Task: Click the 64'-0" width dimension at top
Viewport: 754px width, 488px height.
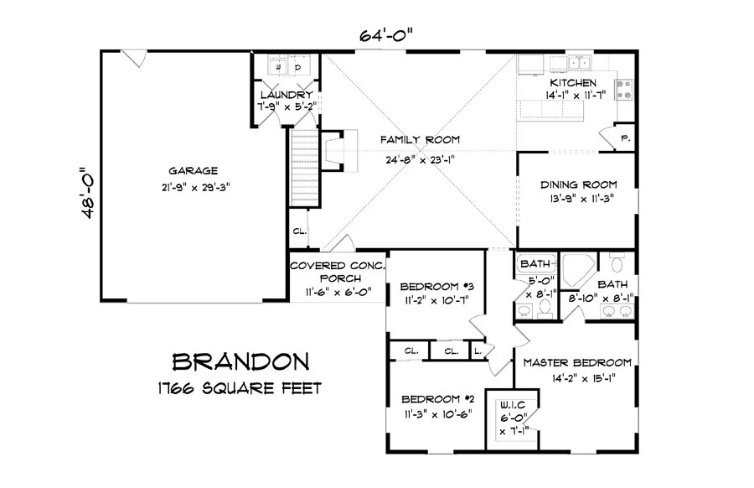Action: (x=386, y=35)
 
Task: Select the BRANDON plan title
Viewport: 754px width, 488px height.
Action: (x=240, y=362)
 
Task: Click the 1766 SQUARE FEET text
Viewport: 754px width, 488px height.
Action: (x=240, y=388)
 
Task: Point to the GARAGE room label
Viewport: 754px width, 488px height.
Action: (x=193, y=171)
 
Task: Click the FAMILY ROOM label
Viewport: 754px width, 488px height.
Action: (x=420, y=139)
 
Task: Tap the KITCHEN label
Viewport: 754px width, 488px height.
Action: (x=573, y=83)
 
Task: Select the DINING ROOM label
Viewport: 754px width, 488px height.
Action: (x=578, y=184)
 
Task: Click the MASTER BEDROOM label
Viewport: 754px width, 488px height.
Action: (x=577, y=363)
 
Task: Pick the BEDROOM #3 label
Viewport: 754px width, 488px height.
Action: (x=437, y=287)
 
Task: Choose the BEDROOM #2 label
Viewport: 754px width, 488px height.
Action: (x=437, y=399)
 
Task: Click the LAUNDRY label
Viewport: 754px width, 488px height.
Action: (x=287, y=95)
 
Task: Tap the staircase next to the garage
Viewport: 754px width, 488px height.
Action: (x=305, y=168)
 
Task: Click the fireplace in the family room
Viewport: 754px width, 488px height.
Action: (x=339, y=151)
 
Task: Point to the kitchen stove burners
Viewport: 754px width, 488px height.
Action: (x=625, y=90)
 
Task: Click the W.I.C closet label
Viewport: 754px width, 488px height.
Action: (x=513, y=405)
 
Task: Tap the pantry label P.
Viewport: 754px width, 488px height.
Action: (x=625, y=138)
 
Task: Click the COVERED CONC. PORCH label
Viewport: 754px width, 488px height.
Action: (x=338, y=272)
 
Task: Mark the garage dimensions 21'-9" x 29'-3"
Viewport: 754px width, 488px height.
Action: (x=196, y=187)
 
